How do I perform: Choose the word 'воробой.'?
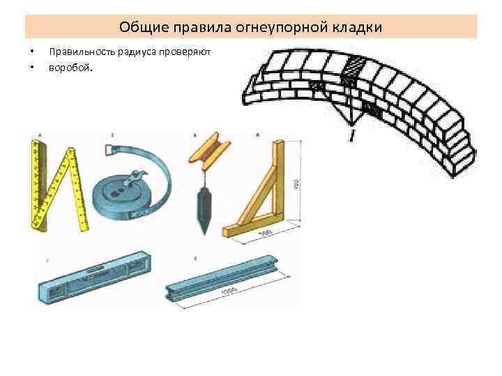pyautogui.click(x=70, y=68)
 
